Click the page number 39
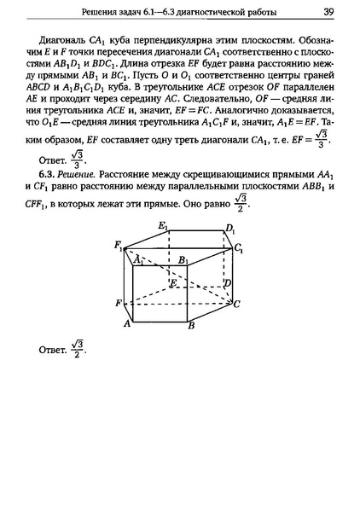point(328,12)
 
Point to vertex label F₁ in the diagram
point(118,246)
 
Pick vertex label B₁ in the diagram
point(183,259)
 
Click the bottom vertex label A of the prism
point(126,324)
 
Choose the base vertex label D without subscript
point(226,282)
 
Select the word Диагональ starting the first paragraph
point(63,40)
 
